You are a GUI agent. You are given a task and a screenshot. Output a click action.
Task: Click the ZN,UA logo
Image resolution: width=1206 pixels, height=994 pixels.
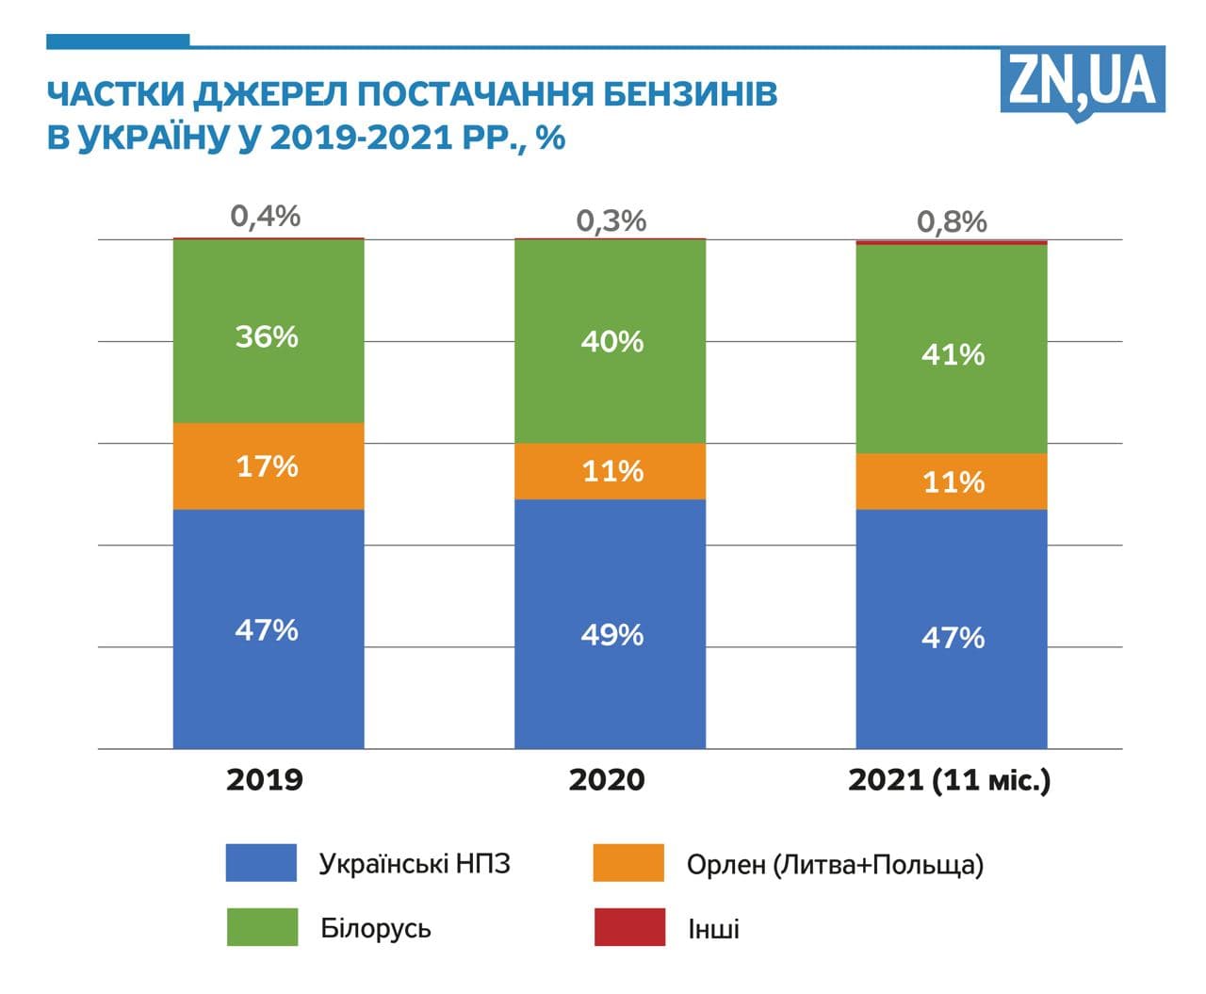[1083, 82]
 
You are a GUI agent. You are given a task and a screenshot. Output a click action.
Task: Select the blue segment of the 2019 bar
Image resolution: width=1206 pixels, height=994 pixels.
[269, 628]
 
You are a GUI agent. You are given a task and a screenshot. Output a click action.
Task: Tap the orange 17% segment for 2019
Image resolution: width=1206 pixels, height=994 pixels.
[269, 466]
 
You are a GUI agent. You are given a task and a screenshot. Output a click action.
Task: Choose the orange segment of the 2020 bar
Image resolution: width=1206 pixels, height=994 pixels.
[610, 471]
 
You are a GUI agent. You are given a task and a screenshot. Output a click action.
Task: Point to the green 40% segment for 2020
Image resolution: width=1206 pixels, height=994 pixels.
[610, 341]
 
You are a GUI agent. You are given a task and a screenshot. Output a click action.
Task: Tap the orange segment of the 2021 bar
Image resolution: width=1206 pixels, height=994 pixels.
[952, 481]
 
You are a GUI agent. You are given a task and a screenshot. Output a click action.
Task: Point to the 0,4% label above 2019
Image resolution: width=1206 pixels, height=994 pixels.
[266, 217]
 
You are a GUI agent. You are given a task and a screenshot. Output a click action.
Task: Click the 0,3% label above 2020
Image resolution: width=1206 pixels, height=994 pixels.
[611, 221]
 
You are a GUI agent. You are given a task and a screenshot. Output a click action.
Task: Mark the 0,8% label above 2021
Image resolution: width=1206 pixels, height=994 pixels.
[952, 222]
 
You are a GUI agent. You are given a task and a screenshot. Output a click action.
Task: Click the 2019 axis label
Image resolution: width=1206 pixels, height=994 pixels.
[265, 780]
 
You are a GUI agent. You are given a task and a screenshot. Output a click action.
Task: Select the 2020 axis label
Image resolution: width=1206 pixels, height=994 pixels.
[607, 780]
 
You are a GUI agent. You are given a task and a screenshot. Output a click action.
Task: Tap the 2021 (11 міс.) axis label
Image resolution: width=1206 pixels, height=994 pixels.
[949, 780]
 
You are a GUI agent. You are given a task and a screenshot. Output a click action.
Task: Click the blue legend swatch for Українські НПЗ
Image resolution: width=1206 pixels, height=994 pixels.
[261, 863]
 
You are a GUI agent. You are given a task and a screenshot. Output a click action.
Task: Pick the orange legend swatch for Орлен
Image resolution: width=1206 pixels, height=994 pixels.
[628, 863]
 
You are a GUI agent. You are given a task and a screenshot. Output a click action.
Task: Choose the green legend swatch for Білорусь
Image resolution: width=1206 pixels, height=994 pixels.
[262, 927]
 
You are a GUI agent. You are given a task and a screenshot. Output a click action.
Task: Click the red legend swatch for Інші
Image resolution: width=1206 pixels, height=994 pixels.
[628, 927]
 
